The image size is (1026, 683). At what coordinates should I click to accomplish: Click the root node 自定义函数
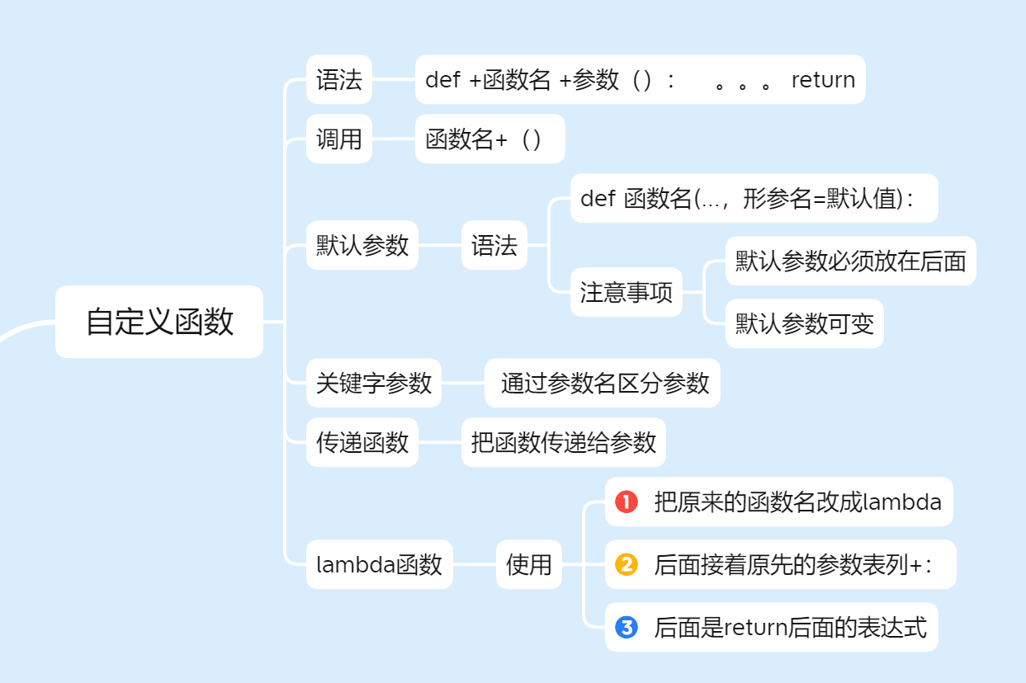159,322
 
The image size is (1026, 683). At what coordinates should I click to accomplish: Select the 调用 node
339,139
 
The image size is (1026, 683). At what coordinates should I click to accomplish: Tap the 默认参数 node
362,245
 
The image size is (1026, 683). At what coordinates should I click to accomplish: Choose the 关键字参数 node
374,383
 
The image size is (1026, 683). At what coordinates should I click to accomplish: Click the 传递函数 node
362,442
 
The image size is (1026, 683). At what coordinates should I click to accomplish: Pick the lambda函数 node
380,564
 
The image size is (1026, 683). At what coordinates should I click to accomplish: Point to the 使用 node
529,564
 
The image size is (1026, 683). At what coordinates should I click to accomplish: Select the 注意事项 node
626,292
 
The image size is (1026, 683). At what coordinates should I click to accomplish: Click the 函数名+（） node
490,139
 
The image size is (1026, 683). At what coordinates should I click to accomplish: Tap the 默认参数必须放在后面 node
851,261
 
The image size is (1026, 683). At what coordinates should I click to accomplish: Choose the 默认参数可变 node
805,323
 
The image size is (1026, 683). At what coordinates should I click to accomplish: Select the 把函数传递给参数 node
564,442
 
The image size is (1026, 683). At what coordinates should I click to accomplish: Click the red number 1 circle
626,502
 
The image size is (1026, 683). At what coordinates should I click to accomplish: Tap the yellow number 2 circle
626,564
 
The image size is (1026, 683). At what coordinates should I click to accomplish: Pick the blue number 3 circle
626,627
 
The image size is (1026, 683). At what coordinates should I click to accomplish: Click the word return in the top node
823,80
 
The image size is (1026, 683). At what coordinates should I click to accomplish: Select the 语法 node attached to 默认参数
494,245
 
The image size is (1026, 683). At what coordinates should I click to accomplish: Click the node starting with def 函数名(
754,199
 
